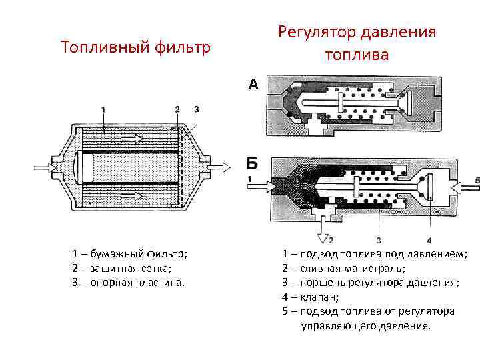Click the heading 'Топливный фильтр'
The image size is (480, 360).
(x=135, y=47)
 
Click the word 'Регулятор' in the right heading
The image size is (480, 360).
(x=317, y=32)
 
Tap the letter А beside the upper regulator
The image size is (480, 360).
(x=253, y=84)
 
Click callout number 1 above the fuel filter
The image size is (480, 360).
(x=103, y=109)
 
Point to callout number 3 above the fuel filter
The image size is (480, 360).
(x=196, y=109)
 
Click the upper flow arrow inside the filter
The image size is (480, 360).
(x=131, y=139)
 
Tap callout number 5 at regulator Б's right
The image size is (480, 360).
(x=477, y=180)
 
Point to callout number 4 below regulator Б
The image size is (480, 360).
(x=429, y=240)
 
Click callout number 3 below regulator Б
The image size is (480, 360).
(x=378, y=240)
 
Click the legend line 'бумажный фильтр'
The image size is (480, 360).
(x=131, y=254)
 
